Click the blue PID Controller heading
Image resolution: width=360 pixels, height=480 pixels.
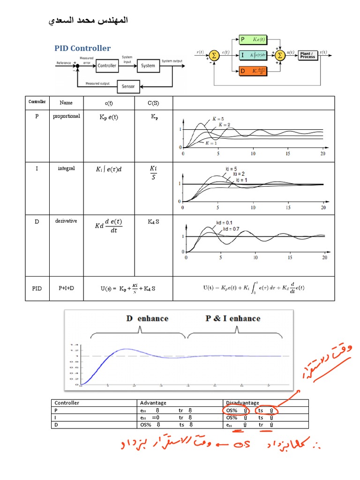82,48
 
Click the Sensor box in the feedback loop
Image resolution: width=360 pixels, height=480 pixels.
128,86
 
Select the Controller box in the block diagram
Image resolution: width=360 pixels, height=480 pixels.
107,66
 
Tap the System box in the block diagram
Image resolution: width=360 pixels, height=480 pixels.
148,66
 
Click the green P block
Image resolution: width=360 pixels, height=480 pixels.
253,39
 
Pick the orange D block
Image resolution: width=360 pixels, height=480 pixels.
253,71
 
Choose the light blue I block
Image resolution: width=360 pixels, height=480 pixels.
253,55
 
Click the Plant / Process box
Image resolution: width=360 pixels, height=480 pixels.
308,55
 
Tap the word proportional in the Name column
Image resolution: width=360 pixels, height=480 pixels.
67,116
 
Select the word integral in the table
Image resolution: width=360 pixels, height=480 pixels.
67,168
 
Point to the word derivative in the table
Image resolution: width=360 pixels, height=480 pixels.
67,220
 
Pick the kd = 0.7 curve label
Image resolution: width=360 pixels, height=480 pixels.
231,229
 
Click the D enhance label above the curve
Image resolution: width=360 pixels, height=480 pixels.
147,319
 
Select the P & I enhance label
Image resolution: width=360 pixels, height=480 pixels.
233,319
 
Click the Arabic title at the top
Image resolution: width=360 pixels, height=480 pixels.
89,21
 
